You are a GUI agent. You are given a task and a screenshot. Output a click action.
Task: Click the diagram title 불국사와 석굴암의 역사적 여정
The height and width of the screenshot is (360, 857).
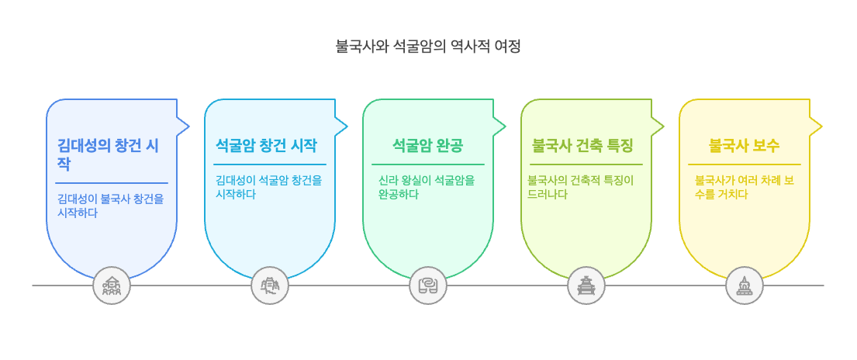pos(428,46)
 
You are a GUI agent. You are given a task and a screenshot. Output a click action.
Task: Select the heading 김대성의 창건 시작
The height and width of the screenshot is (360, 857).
pos(108,154)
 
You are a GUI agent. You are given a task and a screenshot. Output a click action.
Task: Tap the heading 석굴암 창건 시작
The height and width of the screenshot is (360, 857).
pos(266,145)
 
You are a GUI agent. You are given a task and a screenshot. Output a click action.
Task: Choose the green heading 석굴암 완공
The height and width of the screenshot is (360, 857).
pos(428,145)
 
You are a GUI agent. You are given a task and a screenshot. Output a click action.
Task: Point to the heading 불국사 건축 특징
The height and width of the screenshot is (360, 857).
pos(582,145)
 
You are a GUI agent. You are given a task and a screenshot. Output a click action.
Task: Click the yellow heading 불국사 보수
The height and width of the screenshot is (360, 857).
pos(745,145)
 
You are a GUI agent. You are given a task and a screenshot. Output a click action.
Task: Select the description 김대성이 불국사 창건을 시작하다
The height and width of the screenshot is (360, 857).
pos(111,205)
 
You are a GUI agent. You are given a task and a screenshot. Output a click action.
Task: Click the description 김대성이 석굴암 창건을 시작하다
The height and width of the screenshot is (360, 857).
pos(269,187)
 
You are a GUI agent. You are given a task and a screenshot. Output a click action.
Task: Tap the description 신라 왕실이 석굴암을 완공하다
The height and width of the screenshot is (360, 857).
pos(427,187)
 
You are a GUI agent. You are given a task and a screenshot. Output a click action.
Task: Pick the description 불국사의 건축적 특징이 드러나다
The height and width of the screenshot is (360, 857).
pos(580,187)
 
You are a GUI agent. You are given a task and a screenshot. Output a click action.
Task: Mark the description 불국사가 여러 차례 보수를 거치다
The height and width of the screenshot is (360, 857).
pos(744,187)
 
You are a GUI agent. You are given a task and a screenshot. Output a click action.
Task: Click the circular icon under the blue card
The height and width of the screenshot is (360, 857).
pos(112,286)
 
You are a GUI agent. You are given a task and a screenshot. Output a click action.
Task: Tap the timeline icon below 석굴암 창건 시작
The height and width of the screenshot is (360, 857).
pos(270,286)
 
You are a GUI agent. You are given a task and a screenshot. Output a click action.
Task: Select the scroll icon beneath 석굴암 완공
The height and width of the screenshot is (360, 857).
pos(428,286)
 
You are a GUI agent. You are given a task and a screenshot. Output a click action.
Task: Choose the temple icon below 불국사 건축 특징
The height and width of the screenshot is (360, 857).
pos(586,286)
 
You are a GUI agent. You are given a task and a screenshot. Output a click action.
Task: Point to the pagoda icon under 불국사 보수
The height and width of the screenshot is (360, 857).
pos(745,286)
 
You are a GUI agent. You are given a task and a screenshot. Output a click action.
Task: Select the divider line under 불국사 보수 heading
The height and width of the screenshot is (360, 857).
pos(745,164)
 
